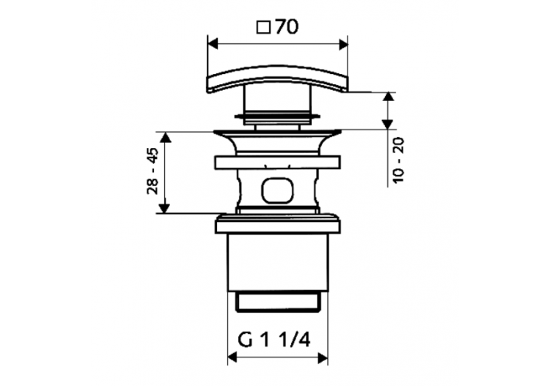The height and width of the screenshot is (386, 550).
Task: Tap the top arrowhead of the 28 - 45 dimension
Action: [165, 138]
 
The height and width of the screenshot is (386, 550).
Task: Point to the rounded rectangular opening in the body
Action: [277, 190]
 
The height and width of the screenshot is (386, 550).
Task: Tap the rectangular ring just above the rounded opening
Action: [277, 163]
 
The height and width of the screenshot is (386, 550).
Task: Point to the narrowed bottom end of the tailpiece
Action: [277, 300]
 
